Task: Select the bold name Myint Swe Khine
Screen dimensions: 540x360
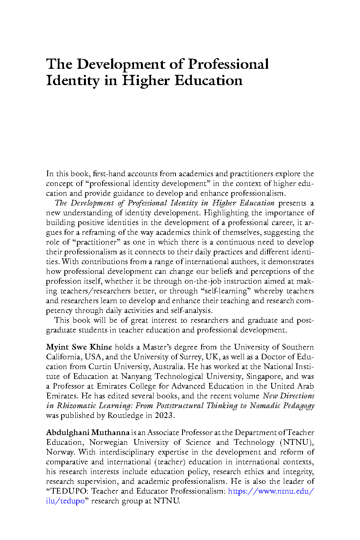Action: point(79,347)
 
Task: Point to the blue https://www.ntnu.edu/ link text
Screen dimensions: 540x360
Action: point(271,491)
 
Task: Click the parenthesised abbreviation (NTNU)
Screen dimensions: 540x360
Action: point(296,442)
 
